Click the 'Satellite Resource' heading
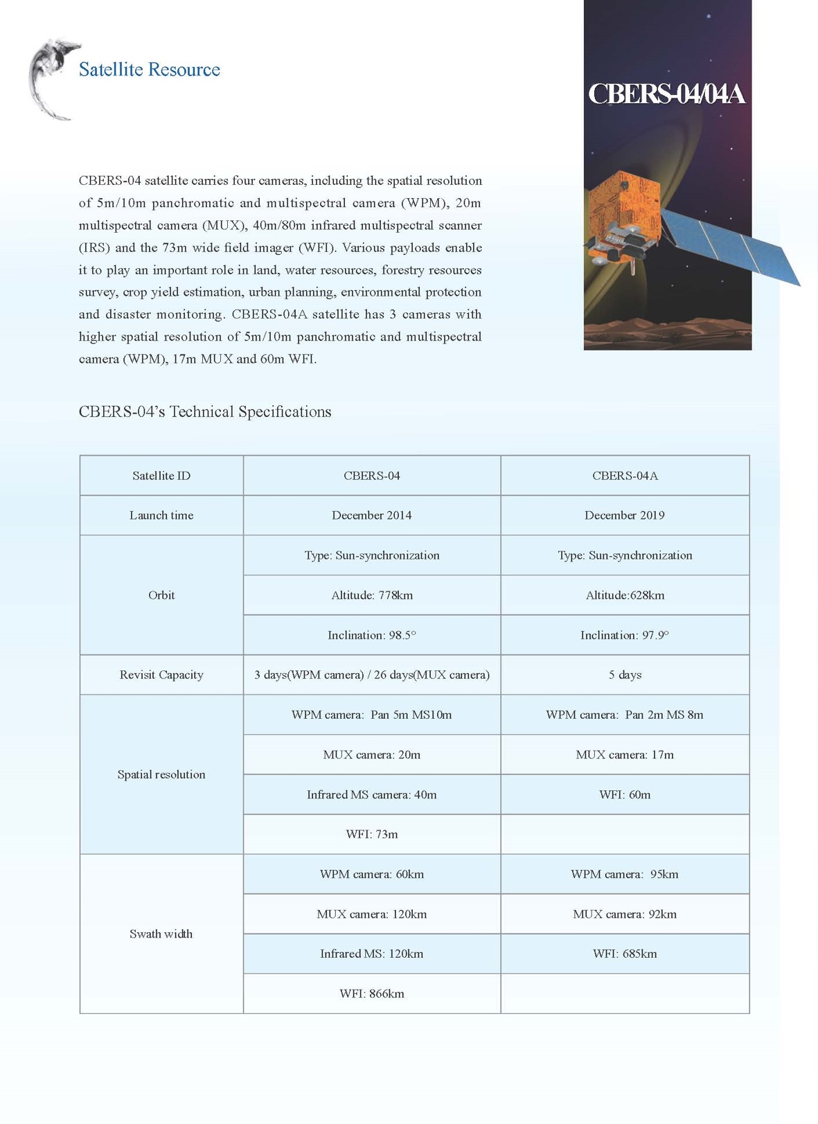[x=149, y=70]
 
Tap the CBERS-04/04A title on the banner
[x=666, y=94]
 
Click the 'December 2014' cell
[x=371, y=515]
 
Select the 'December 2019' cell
[x=624, y=515]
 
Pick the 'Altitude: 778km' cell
[x=371, y=595]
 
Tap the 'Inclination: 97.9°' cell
[x=624, y=635]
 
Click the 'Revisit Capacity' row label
[x=161, y=675]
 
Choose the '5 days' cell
[x=624, y=675]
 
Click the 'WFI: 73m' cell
[x=371, y=834]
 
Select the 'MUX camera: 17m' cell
[x=624, y=754]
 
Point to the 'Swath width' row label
[x=161, y=934]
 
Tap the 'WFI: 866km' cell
[x=371, y=993]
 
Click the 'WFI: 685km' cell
[x=624, y=954]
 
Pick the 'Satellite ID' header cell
[x=161, y=476]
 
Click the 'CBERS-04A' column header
[x=624, y=476]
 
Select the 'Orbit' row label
[x=161, y=595]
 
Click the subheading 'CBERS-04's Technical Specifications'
[x=205, y=412]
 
